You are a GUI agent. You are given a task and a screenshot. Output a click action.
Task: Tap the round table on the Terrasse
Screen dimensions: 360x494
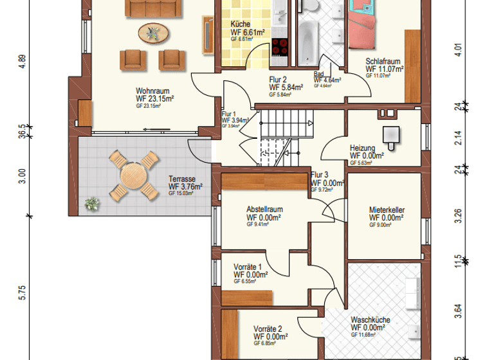tap(133, 175)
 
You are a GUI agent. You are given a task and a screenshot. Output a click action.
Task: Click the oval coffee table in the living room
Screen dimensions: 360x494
tap(155, 32)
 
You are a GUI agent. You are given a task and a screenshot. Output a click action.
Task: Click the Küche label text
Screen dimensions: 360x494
tap(241, 24)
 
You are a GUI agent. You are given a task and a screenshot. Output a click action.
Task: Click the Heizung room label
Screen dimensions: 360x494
tap(362, 148)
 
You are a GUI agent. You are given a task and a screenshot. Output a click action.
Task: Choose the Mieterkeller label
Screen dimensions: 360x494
tap(387, 210)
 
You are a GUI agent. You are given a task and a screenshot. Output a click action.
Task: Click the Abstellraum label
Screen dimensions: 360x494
tap(264, 210)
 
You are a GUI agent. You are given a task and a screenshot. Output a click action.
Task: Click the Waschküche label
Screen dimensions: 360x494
tap(370, 319)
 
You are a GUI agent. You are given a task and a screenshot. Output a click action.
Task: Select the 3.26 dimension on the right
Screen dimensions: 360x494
tap(457, 215)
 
